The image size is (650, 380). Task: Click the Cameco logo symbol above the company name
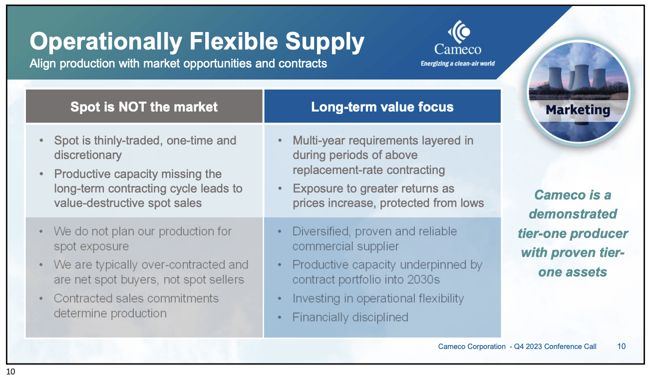459,31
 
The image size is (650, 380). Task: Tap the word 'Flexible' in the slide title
234,41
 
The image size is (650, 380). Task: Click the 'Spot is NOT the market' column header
144,106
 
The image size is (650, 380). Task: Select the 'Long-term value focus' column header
382,106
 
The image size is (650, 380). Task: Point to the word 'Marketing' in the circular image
578,110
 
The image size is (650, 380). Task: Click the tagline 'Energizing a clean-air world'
458,63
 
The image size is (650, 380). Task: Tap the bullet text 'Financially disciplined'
350,317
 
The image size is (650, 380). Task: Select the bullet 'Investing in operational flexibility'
378,298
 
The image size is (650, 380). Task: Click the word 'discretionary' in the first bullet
88,155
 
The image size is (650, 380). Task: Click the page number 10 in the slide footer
621,346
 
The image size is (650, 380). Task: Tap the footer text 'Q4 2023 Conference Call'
555,346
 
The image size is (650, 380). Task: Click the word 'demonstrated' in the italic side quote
573,214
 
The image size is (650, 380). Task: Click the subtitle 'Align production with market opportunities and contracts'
178,63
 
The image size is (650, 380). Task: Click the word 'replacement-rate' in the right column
337,170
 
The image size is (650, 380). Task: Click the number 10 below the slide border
10,371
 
